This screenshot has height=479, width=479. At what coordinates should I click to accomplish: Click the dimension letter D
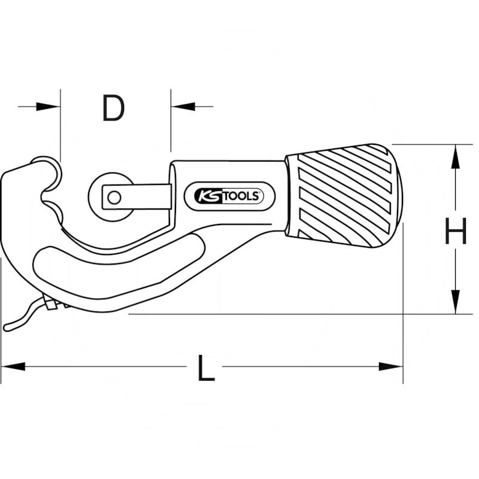click(113, 108)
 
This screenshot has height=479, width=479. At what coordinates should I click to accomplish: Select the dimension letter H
click(456, 232)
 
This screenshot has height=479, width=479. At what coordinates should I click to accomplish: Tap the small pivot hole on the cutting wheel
click(113, 196)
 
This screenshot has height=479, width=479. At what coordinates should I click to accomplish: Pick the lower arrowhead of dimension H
click(456, 302)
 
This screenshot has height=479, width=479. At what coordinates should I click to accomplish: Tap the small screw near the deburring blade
click(51, 305)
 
